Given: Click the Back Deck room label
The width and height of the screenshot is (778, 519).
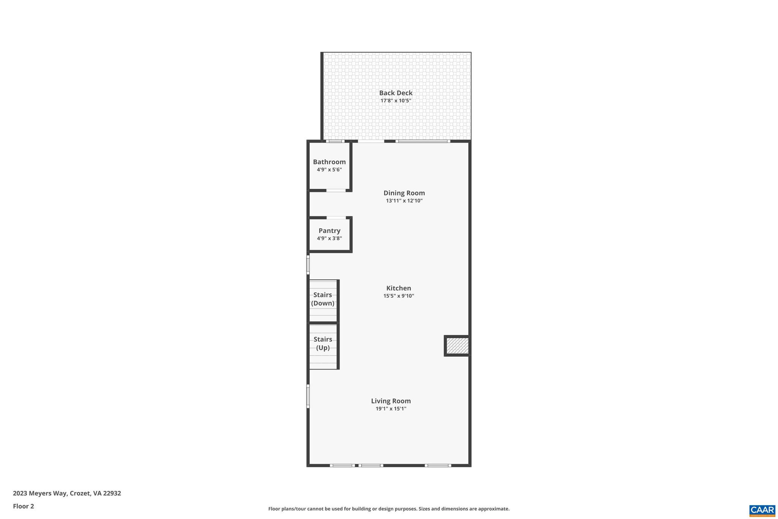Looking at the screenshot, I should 395,93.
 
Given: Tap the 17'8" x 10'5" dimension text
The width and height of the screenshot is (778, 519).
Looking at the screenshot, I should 395,101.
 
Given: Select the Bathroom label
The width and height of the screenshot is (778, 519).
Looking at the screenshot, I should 329,162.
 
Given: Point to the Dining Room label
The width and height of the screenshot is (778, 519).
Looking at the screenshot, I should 404,193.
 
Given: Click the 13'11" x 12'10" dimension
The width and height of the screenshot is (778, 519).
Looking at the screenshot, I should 404,201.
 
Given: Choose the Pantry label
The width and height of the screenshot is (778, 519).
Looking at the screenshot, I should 329,231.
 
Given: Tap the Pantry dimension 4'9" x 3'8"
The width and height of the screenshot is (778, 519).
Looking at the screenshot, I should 329,238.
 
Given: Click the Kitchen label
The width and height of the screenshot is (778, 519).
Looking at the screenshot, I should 398,288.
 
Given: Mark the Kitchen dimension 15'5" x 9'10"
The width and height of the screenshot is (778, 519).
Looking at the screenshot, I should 398,296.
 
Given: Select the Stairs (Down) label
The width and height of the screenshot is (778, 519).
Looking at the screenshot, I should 323,299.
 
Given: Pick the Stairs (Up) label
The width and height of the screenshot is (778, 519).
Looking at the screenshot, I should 323,343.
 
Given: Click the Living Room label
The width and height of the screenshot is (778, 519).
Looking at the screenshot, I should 391,401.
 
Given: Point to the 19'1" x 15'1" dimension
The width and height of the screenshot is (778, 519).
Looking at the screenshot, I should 391,409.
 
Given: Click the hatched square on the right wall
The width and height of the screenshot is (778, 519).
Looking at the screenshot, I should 457,346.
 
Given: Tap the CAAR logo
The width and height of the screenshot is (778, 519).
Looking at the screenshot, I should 762,510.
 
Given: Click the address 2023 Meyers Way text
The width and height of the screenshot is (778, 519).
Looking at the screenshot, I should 67,493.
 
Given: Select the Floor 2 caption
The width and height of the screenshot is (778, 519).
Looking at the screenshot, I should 24,506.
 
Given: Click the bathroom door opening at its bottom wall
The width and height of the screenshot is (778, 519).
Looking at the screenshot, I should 336,190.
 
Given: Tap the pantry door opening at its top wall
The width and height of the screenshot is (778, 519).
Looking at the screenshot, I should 336,218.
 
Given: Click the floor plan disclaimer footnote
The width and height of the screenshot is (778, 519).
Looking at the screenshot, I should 389,509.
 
